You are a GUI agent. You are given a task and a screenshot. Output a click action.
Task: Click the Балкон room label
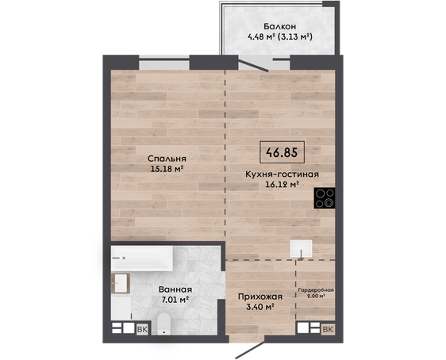(279, 26)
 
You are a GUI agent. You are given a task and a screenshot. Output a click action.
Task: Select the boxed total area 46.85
(283, 152)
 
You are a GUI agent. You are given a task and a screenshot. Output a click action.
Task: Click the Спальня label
(167, 159)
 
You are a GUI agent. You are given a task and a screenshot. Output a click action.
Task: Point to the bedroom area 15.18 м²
(167, 169)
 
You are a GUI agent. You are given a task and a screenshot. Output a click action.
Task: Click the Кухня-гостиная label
(283, 174)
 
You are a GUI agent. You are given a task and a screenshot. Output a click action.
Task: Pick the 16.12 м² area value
(283, 185)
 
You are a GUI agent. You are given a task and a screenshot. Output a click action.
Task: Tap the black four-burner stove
(325, 198)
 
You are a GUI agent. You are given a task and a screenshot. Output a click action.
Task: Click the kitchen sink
(302, 249)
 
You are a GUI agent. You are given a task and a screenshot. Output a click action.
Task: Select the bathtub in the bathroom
(142, 259)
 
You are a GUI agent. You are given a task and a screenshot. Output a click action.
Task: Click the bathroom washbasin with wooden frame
(121, 283)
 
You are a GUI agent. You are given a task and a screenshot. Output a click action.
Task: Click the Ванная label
(175, 289)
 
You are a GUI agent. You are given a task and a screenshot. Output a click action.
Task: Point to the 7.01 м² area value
(175, 300)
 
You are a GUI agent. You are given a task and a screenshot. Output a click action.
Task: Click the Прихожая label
(260, 297)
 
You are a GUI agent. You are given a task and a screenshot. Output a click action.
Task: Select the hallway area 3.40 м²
(260, 307)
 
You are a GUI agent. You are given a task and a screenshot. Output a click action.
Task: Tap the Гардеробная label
(316, 290)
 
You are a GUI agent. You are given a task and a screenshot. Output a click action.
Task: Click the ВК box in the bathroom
(143, 329)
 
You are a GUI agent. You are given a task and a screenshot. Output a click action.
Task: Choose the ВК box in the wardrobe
(328, 329)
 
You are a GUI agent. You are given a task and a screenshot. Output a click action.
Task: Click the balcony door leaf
(253, 66)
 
